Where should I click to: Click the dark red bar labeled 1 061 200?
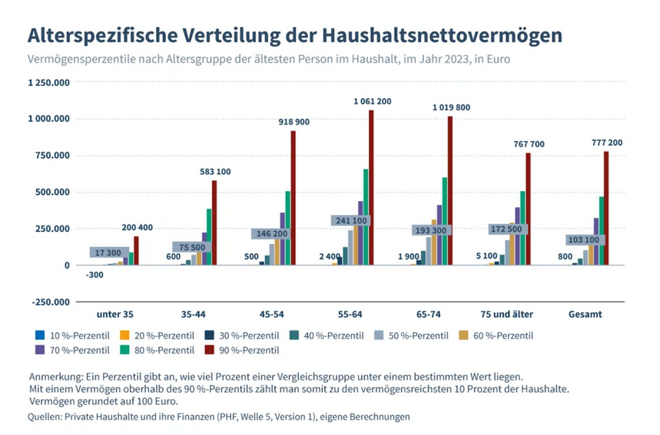tap(371, 188)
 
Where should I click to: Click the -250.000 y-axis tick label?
tap(48, 302)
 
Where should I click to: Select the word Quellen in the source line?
tap(47, 417)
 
